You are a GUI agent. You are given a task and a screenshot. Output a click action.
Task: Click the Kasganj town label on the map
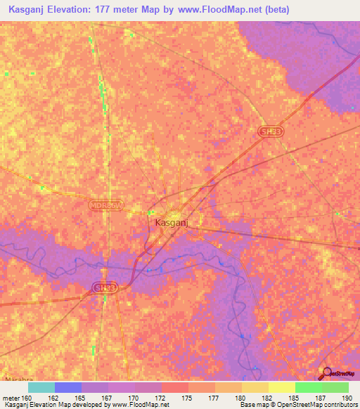coord(169,223)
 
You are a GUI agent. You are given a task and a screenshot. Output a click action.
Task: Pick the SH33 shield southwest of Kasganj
coord(103,288)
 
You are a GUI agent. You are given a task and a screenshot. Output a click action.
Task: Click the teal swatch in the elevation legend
coord(41,387)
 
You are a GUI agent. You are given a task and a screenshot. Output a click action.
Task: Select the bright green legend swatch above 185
coord(308,387)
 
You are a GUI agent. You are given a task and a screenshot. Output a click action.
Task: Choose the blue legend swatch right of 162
coord(68,387)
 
